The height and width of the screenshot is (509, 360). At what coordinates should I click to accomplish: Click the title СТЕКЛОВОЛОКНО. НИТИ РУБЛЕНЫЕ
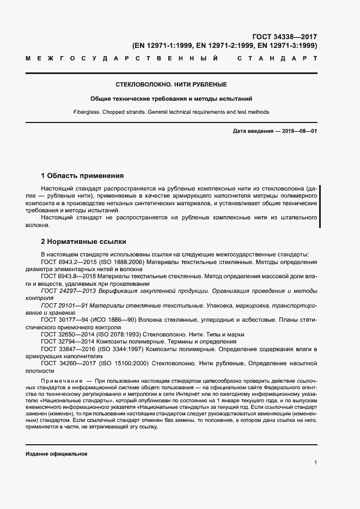[172, 85]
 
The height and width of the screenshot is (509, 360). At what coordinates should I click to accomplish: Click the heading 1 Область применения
[83, 176]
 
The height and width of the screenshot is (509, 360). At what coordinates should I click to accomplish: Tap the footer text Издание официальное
[56, 454]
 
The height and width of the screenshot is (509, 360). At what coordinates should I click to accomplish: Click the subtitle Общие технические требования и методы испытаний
[172, 99]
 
